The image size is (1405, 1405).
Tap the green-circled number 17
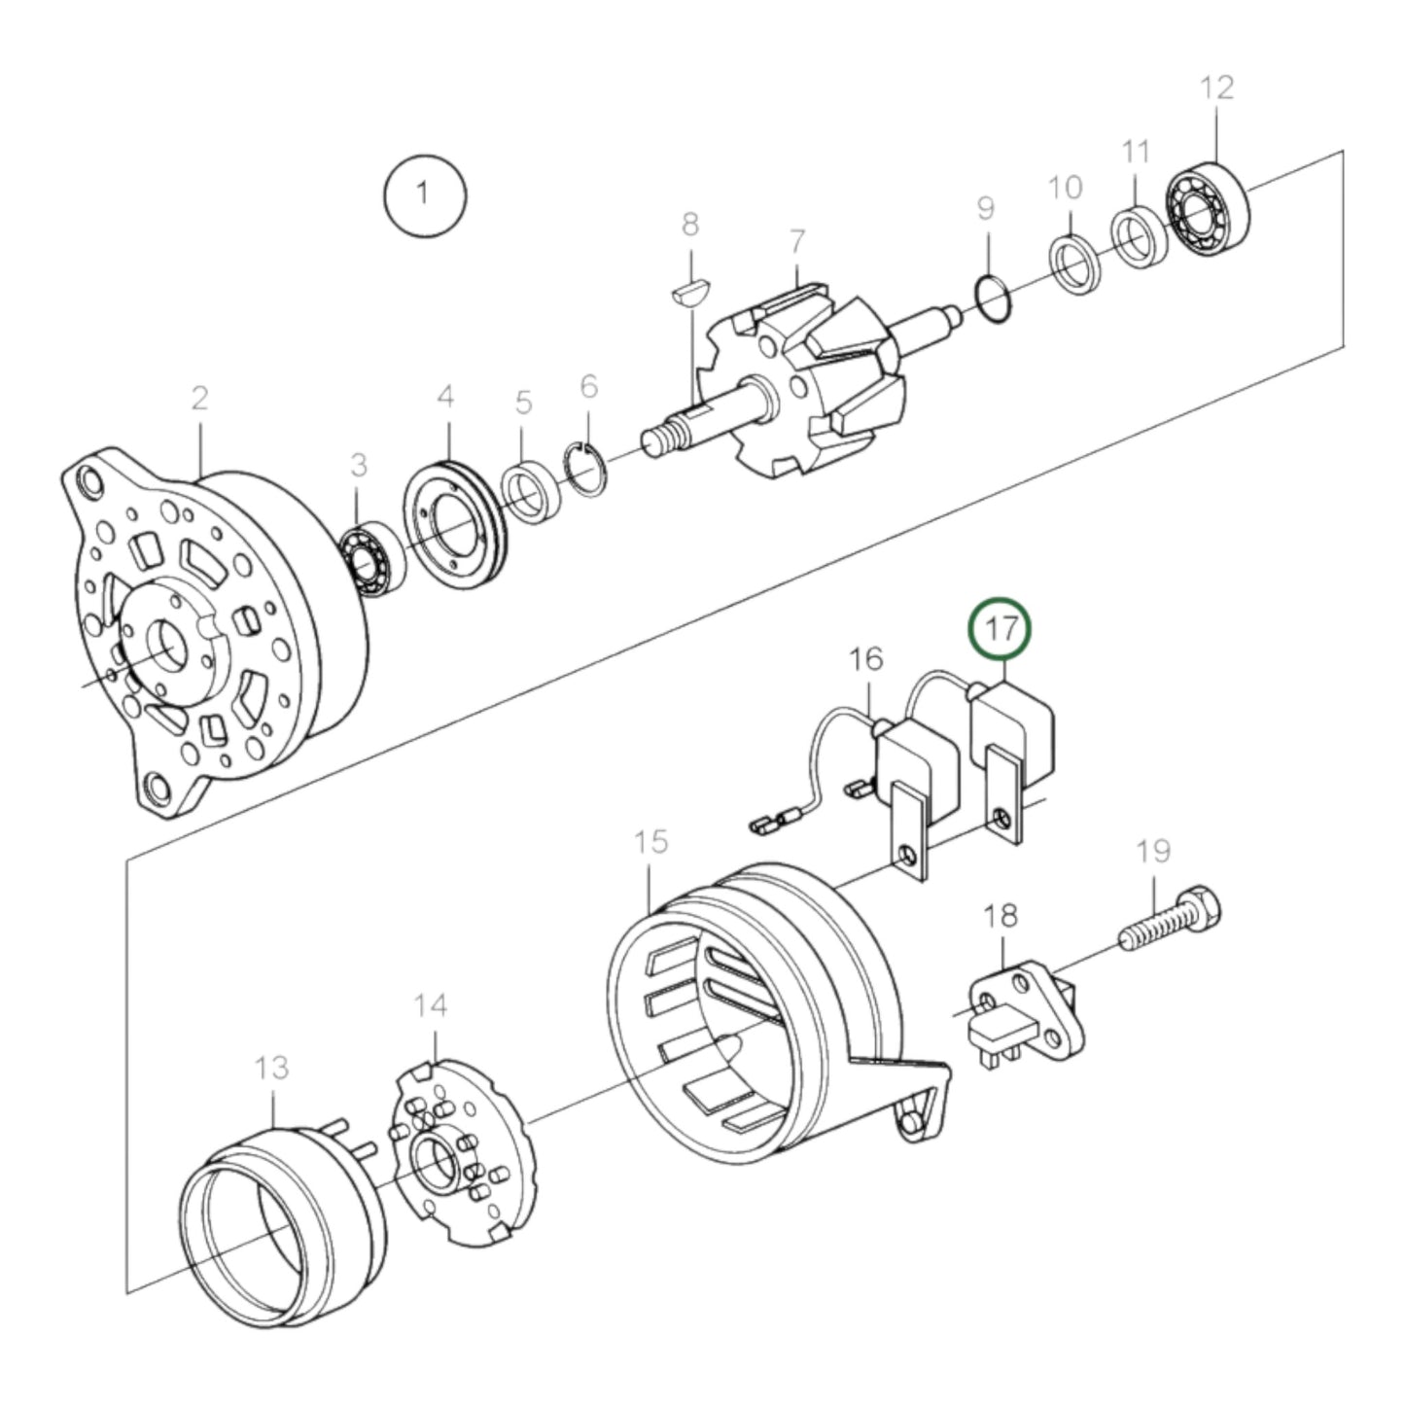pos(1001,628)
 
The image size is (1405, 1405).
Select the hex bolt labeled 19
pos(1172,923)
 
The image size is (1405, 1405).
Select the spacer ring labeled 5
pos(527,496)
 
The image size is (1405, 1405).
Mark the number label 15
pos(651,842)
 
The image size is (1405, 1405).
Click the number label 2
pos(199,399)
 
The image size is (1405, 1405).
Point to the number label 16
pos(865,659)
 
